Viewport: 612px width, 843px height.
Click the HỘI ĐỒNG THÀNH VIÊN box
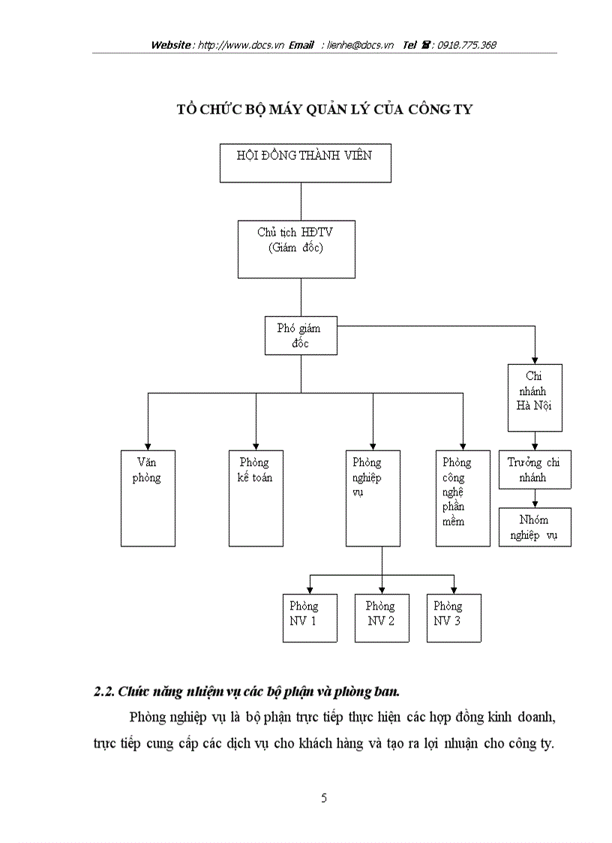pos(304,163)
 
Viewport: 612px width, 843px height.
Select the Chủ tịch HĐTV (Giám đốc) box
pos(295,248)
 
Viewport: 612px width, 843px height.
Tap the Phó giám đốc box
pos(301,335)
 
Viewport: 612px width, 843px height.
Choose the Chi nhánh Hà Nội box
pos(535,397)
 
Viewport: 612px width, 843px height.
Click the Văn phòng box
pos(148,498)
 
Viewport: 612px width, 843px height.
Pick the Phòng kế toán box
pos(256,498)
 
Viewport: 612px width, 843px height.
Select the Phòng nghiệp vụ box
pos(373,498)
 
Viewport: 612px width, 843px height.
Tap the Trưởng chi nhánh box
pos(535,469)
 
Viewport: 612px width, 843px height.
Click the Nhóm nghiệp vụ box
pos(535,527)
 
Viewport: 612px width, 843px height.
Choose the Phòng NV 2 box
pos(382,618)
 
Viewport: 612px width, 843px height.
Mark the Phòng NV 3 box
pos(454,618)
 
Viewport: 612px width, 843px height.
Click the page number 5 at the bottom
pos(324,798)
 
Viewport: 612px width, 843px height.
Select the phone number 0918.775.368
pos(468,45)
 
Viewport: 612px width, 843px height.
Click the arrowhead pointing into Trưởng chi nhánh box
pos(535,446)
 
